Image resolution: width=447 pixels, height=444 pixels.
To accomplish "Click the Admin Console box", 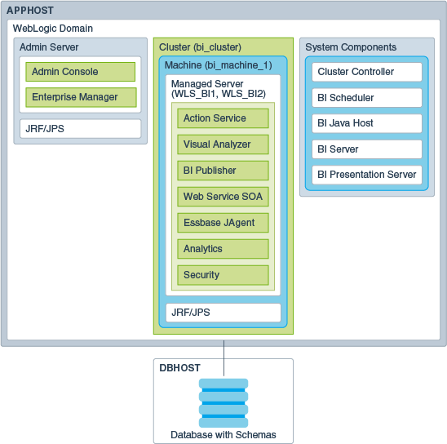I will (x=80, y=72).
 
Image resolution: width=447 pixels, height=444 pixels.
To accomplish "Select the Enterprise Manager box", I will (x=80, y=98).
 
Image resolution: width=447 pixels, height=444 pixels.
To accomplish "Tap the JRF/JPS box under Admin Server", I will (x=80, y=128).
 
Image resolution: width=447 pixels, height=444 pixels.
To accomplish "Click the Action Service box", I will (x=223, y=118).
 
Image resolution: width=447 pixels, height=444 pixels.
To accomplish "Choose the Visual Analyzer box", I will (x=223, y=144).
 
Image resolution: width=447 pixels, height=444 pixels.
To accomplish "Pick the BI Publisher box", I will (x=223, y=171).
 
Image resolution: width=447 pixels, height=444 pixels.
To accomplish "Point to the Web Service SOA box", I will (x=223, y=197).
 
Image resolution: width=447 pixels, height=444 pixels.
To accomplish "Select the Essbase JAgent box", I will (x=223, y=223).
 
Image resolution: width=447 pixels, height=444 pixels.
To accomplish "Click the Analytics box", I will (x=223, y=249).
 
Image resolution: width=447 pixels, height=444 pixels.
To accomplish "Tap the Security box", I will (x=223, y=275).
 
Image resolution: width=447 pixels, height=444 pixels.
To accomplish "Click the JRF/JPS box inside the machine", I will (x=223, y=313).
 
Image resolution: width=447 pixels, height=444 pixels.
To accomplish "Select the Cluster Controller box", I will (x=366, y=72).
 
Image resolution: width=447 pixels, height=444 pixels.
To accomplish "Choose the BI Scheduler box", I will (x=366, y=98).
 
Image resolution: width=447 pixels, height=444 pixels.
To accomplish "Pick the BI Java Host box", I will (x=366, y=124).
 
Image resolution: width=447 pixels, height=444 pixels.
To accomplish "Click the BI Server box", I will (x=366, y=149).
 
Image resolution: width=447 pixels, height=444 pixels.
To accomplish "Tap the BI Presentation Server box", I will (x=366, y=175).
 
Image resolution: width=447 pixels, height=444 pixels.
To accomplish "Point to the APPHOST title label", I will (x=32, y=11).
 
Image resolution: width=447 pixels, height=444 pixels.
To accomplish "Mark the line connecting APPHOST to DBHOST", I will (x=223, y=352).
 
